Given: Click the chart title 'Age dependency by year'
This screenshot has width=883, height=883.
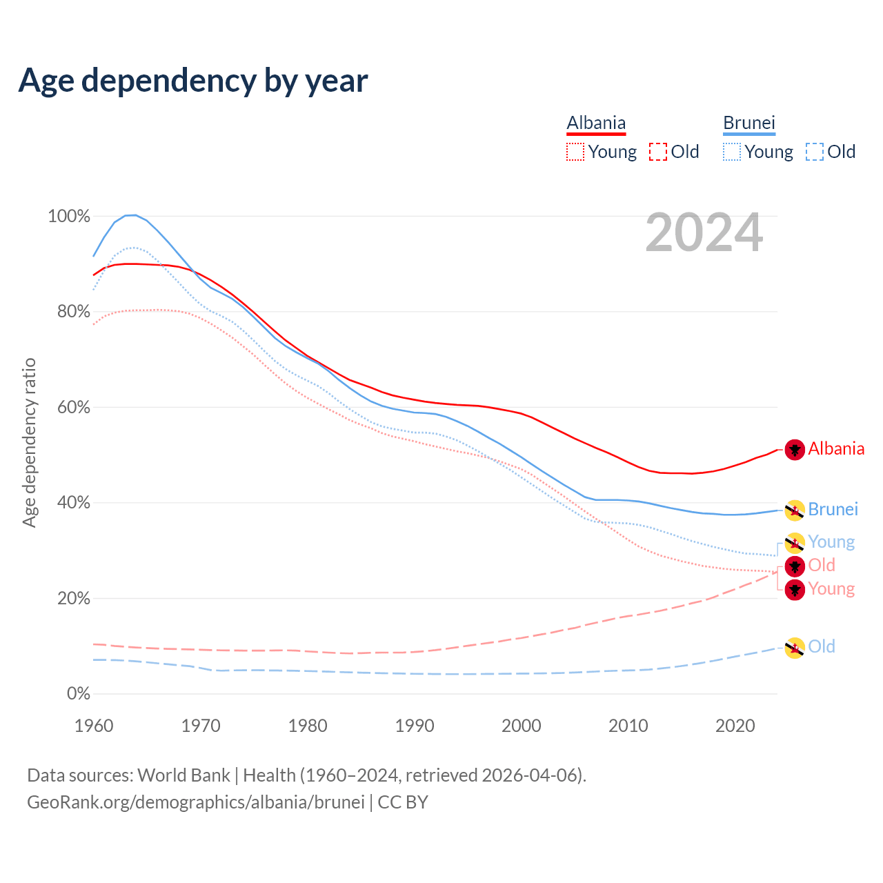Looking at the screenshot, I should pyautogui.click(x=193, y=81).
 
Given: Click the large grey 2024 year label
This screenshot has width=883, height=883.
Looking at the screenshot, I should pyautogui.click(x=704, y=232).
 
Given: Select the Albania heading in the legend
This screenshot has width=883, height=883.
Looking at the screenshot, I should pyautogui.click(x=596, y=123).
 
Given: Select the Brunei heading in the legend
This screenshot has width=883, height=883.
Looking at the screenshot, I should pyautogui.click(x=749, y=123).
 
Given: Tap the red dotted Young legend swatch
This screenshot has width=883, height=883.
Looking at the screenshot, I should pyautogui.click(x=575, y=152).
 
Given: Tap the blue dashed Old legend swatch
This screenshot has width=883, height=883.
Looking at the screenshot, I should pyautogui.click(x=815, y=152).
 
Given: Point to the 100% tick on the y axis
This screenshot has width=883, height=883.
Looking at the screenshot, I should pyautogui.click(x=69, y=217).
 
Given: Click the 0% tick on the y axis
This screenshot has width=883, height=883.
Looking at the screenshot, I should pyautogui.click(x=78, y=694).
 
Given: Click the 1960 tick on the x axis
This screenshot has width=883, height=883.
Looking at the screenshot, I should pyautogui.click(x=94, y=726).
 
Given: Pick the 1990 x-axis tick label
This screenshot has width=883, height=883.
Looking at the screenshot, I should pyautogui.click(x=415, y=726).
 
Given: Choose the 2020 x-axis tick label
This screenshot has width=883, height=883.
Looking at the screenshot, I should pyautogui.click(x=735, y=726).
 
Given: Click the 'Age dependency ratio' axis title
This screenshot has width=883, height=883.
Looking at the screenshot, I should pyautogui.click(x=29, y=442).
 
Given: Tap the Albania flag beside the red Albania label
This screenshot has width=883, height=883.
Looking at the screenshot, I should pyautogui.click(x=795, y=450).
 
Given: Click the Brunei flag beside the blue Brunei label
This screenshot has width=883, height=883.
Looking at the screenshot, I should pyautogui.click(x=795, y=510).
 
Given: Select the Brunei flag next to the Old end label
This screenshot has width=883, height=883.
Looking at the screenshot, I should pyautogui.click(x=795, y=648).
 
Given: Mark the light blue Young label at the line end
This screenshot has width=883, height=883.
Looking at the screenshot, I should pyautogui.click(x=831, y=542).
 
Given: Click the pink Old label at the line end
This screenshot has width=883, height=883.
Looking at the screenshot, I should pyautogui.click(x=822, y=565).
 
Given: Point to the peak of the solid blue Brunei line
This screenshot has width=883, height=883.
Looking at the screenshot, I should pyautogui.click(x=131, y=215).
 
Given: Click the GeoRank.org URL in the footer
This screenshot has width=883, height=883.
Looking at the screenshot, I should pyautogui.click(x=195, y=802).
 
